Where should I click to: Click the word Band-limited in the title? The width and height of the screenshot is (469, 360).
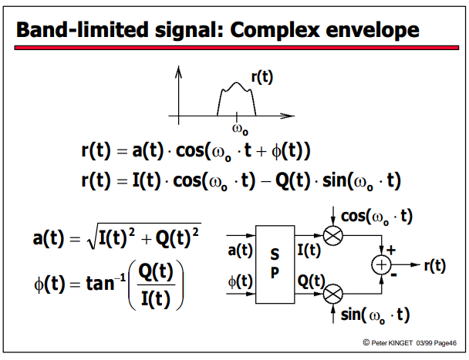(83, 29)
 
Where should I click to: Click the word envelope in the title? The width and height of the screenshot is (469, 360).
(373, 31)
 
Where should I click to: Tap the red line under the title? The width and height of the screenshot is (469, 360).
(237, 48)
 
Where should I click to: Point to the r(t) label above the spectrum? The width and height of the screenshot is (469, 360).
(262, 77)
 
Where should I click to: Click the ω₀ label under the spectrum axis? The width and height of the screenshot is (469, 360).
(240, 130)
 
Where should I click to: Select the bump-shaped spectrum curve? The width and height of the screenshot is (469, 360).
(237, 82)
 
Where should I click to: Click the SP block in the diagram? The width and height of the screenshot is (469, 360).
(275, 264)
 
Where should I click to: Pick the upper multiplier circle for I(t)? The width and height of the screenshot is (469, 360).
(333, 236)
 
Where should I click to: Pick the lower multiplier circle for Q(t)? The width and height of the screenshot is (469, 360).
(333, 294)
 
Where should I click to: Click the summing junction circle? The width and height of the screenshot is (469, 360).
(381, 265)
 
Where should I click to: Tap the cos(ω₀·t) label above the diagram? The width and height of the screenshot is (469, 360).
(376, 217)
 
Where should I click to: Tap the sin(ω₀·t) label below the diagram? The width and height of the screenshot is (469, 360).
(375, 315)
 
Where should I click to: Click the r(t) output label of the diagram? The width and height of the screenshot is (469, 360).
(435, 265)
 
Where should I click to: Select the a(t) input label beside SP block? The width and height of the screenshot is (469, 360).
(240, 251)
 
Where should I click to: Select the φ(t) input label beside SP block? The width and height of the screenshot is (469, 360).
(240, 281)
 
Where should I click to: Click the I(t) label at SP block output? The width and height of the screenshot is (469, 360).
(309, 251)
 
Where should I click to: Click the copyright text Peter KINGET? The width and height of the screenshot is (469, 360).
(392, 343)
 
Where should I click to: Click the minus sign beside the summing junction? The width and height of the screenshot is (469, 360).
(393, 274)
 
